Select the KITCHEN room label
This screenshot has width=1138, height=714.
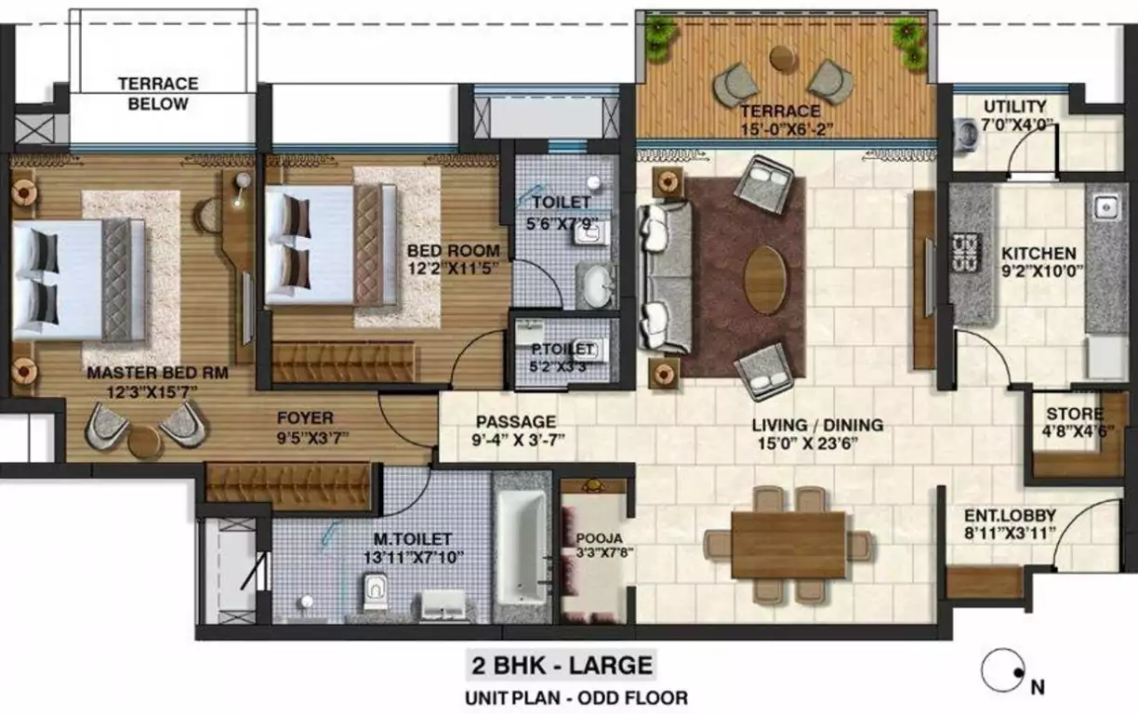pyautogui.click(x=1039, y=253)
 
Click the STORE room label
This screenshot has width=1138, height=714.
pyautogui.click(x=1075, y=414)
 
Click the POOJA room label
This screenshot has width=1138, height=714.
pyautogui.click(x=593, y=537)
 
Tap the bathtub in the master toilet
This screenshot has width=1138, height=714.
pyautogui.click(x=522, y=549)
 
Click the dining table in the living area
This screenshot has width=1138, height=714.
pyautogui.click(x=787, y=545)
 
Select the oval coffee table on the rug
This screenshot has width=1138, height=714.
pyautogui.click(x=764, y=279)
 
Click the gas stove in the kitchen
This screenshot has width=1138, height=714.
pyautogui.click(x=967, y=252)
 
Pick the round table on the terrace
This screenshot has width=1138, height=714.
pyautogui.click(x=783, y=58)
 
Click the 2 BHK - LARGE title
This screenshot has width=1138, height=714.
pyautogui.click(x=561, y=666)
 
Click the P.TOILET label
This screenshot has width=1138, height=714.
pyautogui.click(x=561, y=349)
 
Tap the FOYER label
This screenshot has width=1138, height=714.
pyautogui.click(x=304, y=418)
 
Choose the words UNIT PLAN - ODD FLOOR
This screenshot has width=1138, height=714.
pyautogui.click(x=577, y=697)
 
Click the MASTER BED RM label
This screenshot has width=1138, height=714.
pyautogui.click(x=157, y=373)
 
